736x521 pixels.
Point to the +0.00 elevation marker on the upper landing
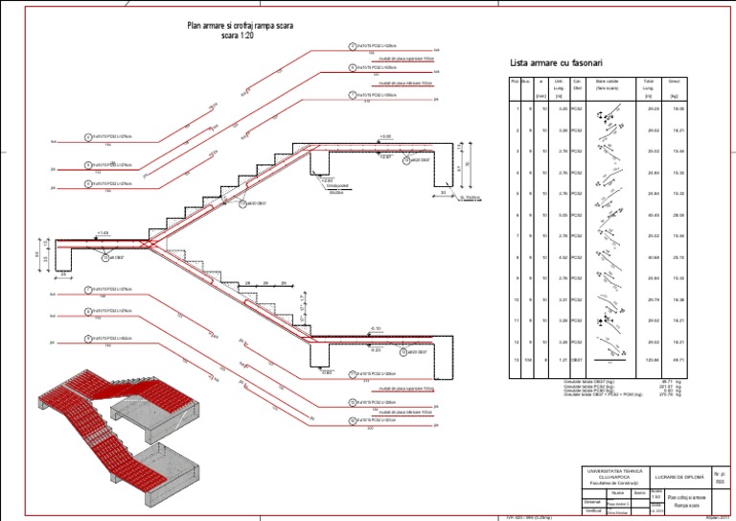pos(385,137)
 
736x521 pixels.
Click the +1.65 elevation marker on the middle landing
pos(103,233)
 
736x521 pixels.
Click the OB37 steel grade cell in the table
pos(577,360)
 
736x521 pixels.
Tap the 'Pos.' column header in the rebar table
pos(515,82)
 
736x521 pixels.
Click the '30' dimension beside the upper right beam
pos(444,193)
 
